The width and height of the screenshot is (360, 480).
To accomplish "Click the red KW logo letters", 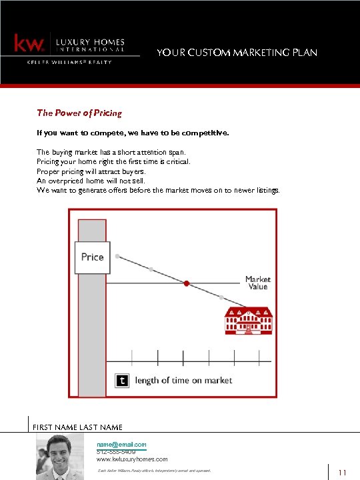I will tap(29, 44).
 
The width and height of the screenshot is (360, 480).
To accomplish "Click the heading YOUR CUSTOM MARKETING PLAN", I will tap(237, 53).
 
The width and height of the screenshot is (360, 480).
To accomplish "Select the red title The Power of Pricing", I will tap(79, 113).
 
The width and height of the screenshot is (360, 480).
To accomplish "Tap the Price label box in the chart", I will tap(92, 257).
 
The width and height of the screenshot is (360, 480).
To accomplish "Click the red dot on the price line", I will tap(187, 283).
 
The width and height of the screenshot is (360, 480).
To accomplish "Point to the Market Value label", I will tap(257, 283).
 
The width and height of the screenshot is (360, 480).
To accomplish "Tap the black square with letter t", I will tap(121, 381).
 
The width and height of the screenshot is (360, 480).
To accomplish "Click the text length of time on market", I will tap(183, 380).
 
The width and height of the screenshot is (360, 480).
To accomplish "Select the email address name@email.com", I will tap(121, 444).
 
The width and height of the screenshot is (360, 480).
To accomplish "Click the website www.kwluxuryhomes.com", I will tap(132, 459).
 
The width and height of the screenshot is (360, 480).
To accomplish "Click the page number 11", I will tap(343, 473).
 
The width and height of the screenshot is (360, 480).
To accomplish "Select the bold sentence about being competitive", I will tap(133, 133).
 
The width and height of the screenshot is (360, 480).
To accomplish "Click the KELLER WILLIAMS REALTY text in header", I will tap(69, 62).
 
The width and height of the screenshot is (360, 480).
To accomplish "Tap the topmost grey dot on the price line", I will tap(117, 256).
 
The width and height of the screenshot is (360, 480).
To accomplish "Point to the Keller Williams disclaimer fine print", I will tap(153, 471).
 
